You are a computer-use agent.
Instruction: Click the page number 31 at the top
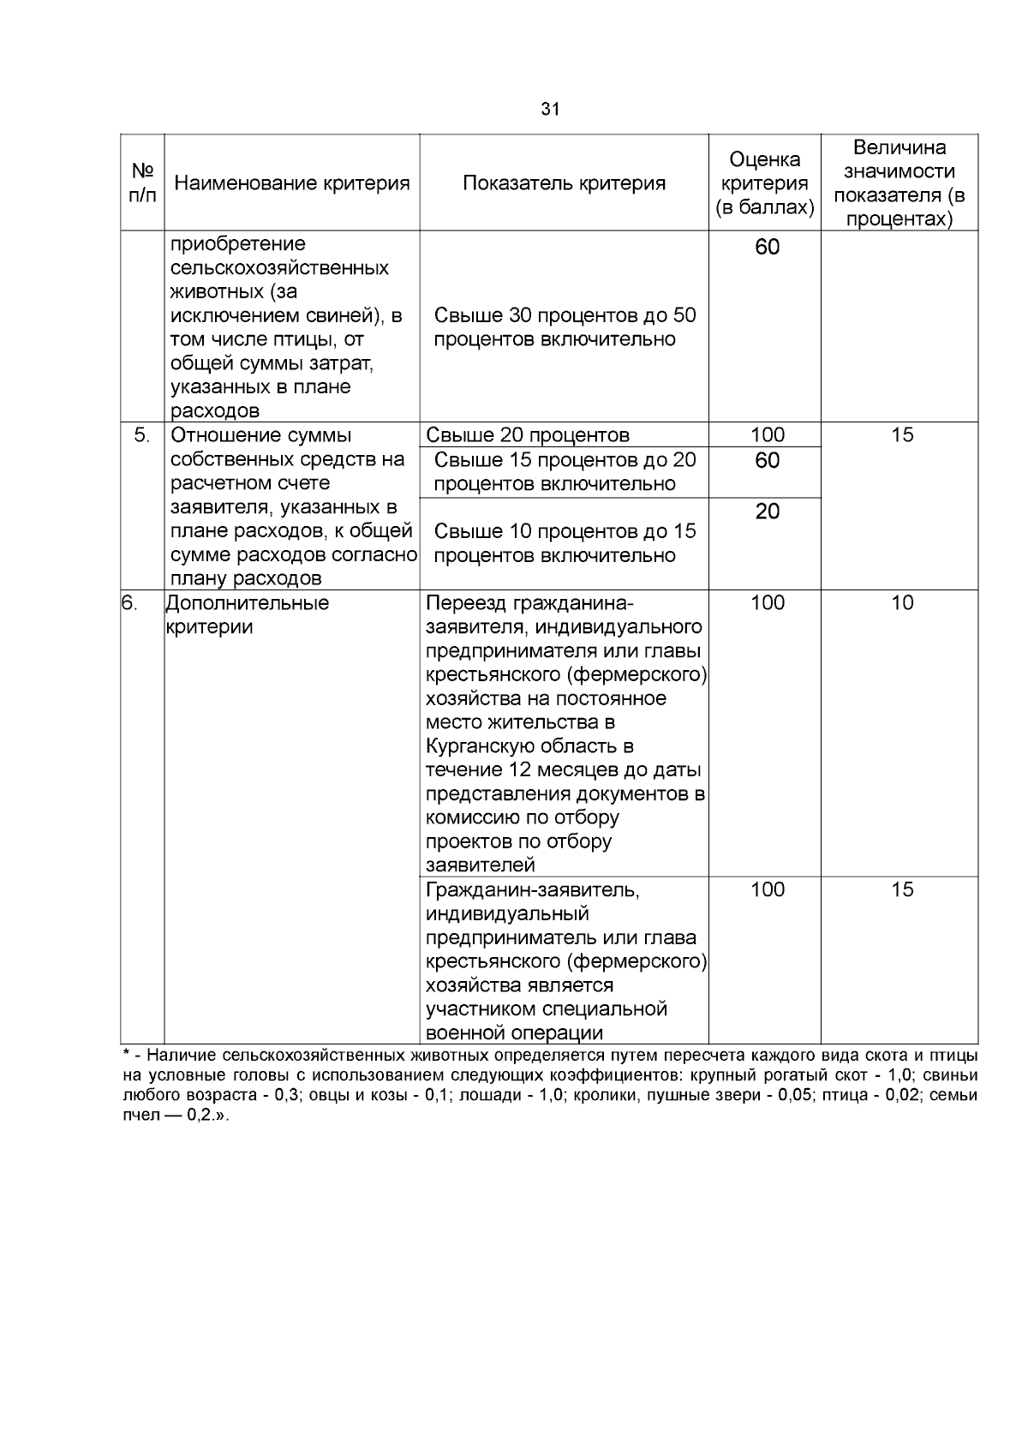550,109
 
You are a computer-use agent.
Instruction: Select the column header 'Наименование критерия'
292,182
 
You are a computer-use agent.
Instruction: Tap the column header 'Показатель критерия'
564,182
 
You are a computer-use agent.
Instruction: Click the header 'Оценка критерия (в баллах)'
765,182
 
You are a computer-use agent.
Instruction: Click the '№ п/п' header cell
142,182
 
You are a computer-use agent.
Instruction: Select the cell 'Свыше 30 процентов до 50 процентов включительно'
565,326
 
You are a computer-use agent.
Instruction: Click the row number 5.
142,434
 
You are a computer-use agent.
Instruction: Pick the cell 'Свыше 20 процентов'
528,434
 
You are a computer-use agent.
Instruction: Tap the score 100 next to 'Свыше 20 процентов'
767,434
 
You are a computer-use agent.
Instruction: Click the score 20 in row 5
767,512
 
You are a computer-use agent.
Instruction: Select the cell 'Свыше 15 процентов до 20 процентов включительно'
565,471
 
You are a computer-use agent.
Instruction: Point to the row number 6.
129,602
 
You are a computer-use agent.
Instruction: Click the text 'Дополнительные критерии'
247,614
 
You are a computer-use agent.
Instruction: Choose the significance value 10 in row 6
902,602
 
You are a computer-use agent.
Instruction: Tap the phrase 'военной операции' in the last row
514,1032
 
